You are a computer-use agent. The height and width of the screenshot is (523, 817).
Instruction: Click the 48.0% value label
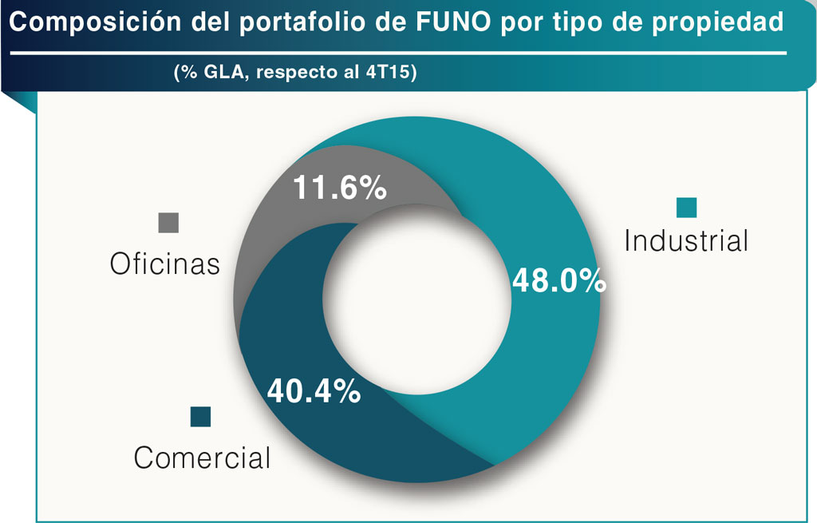[x=558, y=281]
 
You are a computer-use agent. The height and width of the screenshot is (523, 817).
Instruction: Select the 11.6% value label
[x=340, y=188]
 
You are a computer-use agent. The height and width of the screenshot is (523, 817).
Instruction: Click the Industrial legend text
[x=686, y=240]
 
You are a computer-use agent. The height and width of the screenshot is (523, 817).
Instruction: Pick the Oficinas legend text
[x=165, y=264]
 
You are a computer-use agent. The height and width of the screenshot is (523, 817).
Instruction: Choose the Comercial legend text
[x=203, y=458]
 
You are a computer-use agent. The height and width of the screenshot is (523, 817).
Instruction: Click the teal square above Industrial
[x=686, y=207]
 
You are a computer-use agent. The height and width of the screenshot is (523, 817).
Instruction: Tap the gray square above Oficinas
[x=168, y=223]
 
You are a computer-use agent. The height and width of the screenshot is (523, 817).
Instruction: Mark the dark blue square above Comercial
[x=200, y=417]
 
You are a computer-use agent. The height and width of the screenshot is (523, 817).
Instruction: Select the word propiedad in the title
[x=718, y=24]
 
